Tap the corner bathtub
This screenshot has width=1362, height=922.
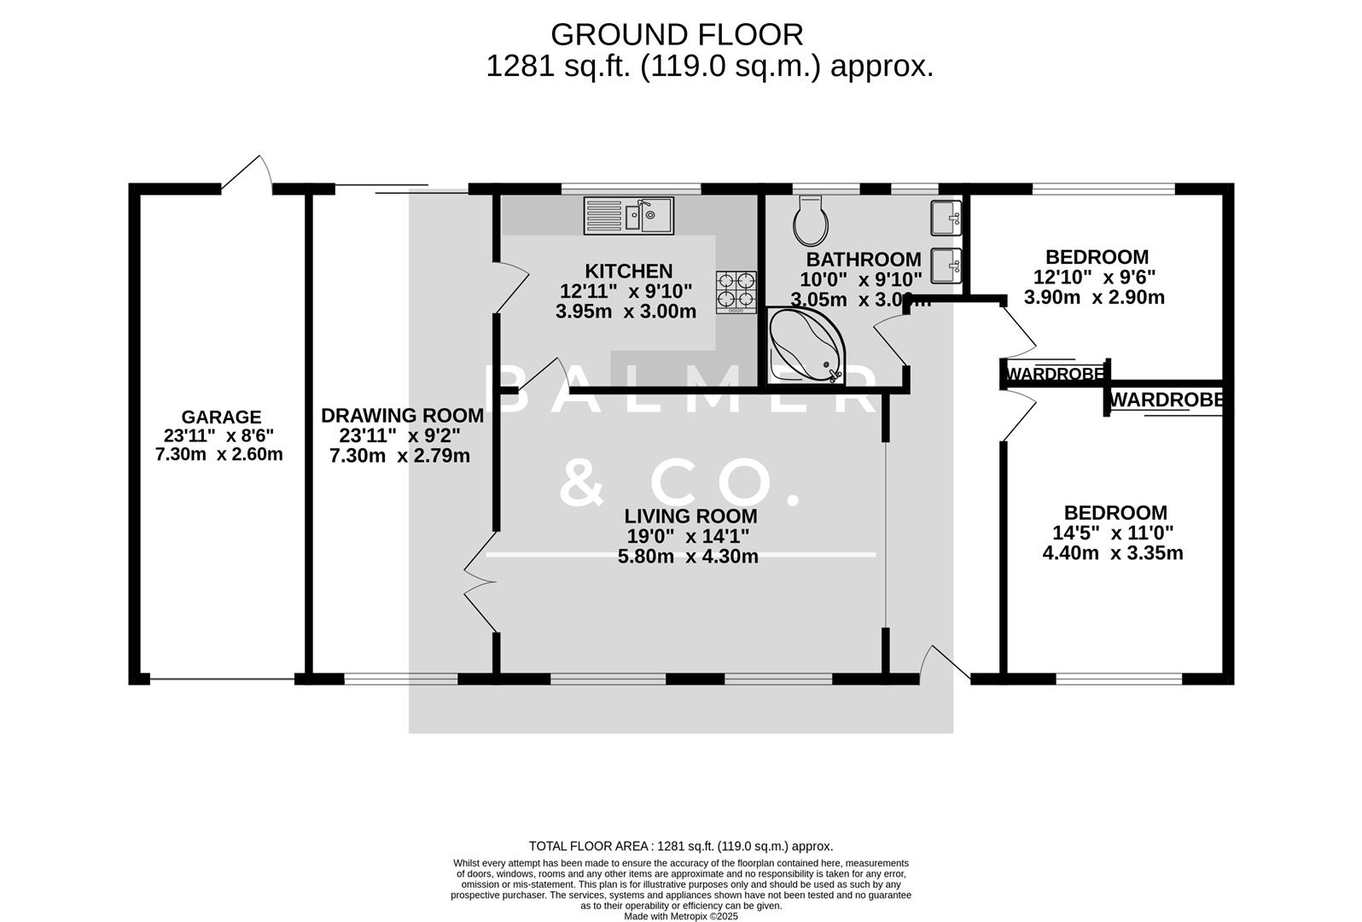point(803,346)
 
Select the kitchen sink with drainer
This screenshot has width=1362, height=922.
point(628,215)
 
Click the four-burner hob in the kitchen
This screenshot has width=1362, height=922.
point(736,291)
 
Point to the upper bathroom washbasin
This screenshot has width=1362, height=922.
point(945,217)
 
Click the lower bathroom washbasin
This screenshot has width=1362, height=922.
point(945,265)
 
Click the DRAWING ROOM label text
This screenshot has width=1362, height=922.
point(402,416)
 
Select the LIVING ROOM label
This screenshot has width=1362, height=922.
point(690,516)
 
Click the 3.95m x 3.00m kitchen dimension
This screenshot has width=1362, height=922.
point(626,312)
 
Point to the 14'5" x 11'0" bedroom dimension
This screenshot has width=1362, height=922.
point(1113,533)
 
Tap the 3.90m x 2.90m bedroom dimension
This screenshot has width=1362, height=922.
point(1094,297)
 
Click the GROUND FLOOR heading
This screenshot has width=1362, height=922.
point(677,35)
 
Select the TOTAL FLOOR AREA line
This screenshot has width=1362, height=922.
point(680,846)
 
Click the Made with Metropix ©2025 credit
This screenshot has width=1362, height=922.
point(680,916)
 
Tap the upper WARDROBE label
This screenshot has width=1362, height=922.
point(1055,374)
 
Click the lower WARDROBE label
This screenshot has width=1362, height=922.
point(1166,400)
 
